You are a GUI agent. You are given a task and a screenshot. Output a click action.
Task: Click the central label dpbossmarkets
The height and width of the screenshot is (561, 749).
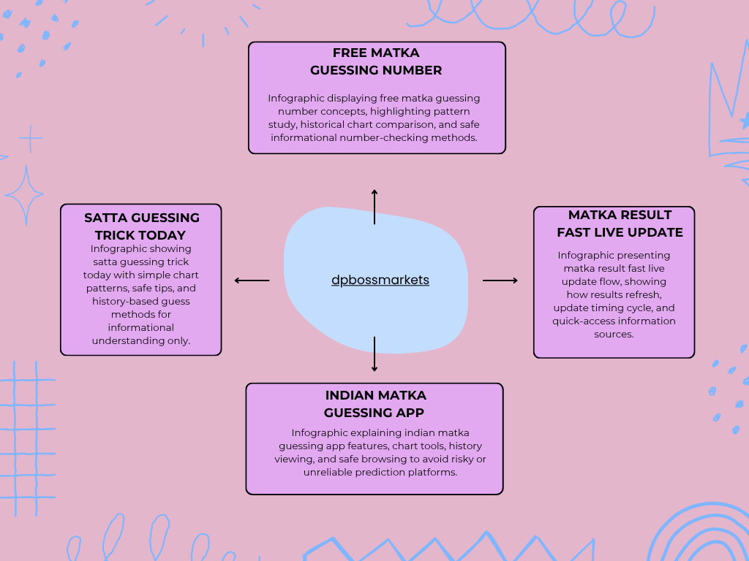(x=380, y=280)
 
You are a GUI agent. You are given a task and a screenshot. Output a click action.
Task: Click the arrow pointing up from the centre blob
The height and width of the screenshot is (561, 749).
(x=374, y=207)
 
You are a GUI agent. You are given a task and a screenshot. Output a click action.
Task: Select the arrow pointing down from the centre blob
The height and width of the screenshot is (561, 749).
(x=374, y=354)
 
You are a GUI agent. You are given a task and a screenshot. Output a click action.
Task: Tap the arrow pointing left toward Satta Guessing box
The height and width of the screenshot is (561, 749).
(x=252, y=280)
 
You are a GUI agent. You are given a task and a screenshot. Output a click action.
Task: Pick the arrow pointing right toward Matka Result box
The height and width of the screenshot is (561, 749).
(x=500, y=280)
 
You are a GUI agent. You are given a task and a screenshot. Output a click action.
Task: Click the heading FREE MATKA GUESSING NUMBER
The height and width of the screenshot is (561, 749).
(x=376, y=61)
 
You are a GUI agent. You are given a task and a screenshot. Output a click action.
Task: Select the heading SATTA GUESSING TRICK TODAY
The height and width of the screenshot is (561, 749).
(x=141, y=226)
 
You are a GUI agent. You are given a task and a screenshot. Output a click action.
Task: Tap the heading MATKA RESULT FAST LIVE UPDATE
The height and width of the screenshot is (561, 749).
(x=620, y=224)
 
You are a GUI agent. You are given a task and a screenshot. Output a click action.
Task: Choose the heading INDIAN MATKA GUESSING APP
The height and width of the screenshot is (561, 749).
(x=375, y=404)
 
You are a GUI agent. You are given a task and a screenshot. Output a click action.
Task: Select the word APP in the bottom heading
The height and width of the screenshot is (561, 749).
(x=410, y=413)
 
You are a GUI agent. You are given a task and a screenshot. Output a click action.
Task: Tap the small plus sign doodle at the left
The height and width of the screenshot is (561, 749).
(x=31, y=138)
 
